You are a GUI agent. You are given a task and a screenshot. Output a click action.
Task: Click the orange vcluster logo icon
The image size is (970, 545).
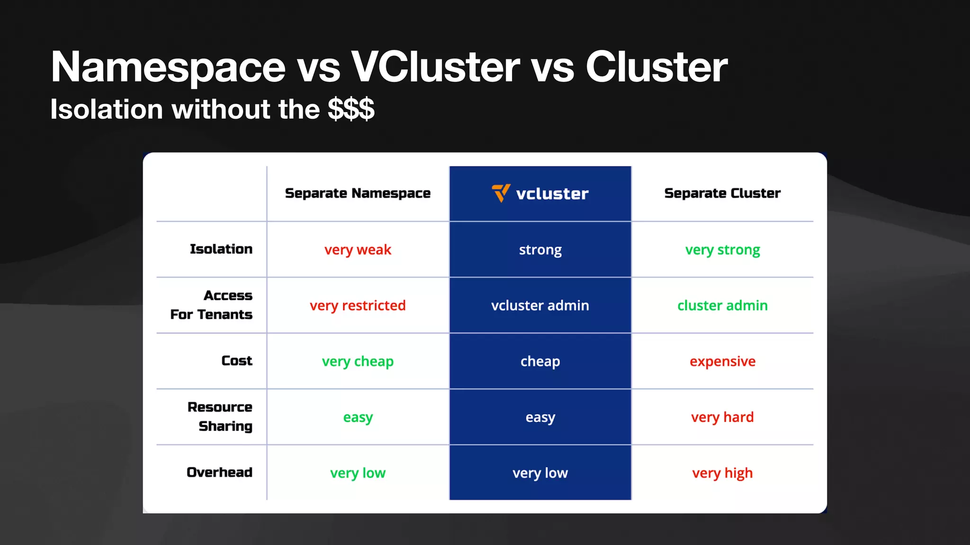coord(501,193)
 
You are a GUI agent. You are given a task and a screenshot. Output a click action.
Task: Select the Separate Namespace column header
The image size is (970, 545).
coord(358,193)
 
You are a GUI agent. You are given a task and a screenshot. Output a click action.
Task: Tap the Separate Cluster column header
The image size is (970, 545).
coord(722,193)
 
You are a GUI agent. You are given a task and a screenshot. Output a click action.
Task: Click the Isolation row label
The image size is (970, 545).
coord(221,249)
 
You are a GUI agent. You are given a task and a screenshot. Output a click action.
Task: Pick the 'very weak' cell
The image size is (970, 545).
coord(358,249)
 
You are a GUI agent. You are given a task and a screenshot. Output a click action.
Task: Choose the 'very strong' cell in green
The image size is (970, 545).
coord(722,249)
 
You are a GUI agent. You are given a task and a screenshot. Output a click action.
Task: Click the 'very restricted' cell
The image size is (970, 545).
coord(358,305)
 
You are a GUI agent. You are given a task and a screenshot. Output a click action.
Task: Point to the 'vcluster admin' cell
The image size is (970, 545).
coord(540,305)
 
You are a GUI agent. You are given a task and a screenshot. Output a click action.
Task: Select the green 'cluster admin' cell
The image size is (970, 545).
coord(722,305)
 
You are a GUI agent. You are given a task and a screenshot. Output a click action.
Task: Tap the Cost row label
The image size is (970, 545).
coord(237,360)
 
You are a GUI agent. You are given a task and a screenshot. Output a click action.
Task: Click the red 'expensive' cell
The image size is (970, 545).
coord(722,361)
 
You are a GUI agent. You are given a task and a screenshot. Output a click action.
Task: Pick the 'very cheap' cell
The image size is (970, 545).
coord(358,361)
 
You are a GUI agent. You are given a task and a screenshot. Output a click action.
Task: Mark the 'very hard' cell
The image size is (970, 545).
coord(722,417)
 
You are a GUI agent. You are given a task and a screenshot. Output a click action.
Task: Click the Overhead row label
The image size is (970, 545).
coord(219,472)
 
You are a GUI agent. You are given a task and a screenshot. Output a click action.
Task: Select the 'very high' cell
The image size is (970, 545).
coord(722,473)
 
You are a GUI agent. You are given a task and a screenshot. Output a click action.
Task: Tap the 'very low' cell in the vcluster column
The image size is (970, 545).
coord(540,473)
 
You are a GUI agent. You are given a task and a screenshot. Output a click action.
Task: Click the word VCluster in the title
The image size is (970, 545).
coord(435,67)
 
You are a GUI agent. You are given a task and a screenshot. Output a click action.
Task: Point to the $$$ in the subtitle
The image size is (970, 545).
coord(351,109)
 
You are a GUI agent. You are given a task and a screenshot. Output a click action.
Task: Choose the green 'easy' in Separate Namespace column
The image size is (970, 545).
coord(358,417)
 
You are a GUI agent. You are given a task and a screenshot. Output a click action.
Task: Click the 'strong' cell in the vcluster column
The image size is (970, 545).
coord(540,249)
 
